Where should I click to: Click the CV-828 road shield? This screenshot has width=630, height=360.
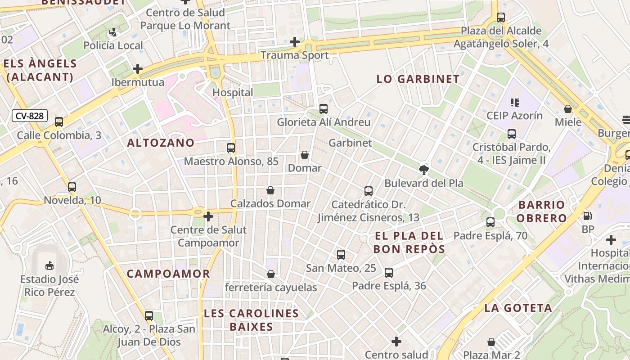pos(30,116)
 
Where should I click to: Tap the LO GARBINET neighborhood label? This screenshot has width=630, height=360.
pos(418,79)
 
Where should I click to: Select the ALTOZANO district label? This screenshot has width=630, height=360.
pos(161,143)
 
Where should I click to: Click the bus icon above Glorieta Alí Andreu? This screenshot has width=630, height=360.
pos(323,108)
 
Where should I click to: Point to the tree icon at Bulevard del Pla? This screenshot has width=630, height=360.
pos(423,170)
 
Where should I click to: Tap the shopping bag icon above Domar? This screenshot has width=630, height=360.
pos(305,155)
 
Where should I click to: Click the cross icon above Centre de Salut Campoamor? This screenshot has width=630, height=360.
pos(208,216)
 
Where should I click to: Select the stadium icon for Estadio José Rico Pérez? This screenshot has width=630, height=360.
pos(49,266)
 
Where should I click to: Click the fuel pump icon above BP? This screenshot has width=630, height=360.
pos(587,216)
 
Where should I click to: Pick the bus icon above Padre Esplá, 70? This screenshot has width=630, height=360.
pos(490,222)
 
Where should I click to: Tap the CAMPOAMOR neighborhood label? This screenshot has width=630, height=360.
pos(168,274)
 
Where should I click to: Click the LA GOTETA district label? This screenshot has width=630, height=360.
pos(518,308)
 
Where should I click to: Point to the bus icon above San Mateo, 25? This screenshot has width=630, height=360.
pos(341,255)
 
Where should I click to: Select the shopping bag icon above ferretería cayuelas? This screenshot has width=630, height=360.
pos(271,274)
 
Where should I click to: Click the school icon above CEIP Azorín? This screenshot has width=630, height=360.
pos(514,102)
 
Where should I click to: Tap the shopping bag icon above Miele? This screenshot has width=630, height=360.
pos(568,109)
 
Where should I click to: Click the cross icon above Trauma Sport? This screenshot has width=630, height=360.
pos(295,42)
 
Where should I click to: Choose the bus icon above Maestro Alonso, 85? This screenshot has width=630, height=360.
pos(230,148)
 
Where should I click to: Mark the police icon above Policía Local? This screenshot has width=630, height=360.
pos(113,32)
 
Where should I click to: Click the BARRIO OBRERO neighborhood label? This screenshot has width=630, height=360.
pos(541,211)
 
